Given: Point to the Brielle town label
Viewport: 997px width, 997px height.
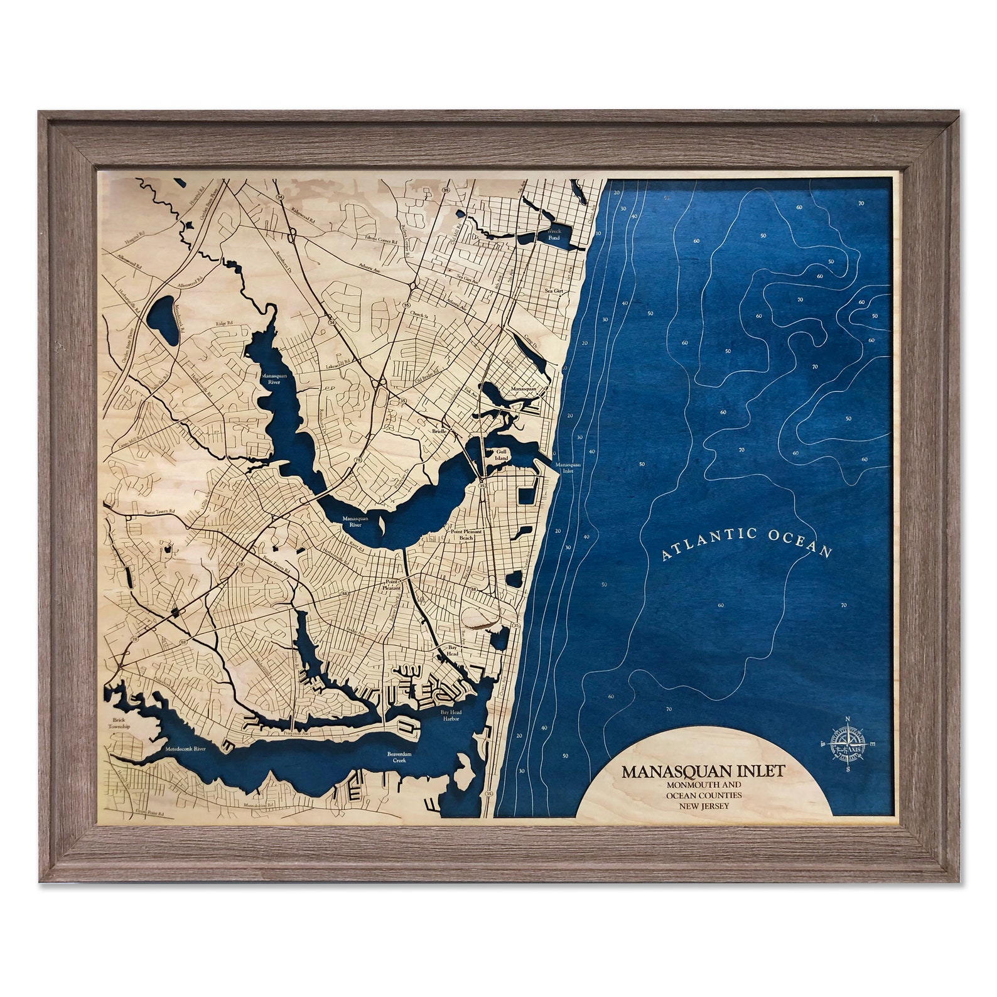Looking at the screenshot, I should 439,432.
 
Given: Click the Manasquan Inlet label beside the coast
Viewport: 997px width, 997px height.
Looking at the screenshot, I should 568,468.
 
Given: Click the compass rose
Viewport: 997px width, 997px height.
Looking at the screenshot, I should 847,745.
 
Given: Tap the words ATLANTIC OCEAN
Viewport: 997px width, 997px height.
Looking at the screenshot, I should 747,542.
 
